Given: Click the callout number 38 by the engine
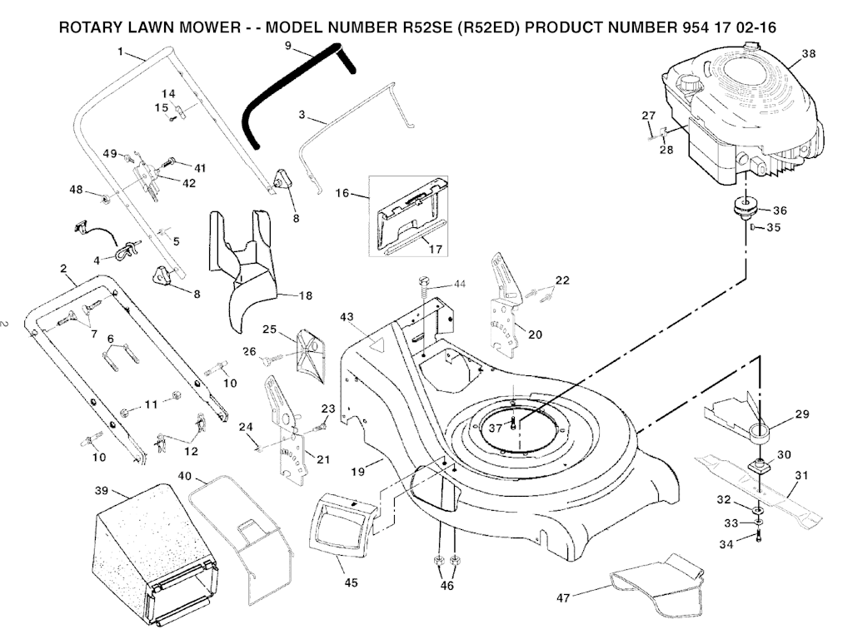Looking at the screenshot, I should pos(807,53).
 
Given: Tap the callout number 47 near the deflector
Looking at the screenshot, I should pos(565,597).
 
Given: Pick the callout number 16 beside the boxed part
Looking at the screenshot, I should pos(342,192).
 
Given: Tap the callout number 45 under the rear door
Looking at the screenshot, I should pos(351,582).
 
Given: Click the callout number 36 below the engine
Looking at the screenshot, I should pos(780,210).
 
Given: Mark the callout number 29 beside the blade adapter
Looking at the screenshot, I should pos(801,414).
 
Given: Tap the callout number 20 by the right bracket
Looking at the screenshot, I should pos(535,334).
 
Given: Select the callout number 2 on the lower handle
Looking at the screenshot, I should pos(63,268).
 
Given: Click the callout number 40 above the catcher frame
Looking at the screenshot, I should pos(184,476).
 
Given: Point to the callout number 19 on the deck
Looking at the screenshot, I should pos(358,472).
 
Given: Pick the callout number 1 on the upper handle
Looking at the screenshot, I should pos(121,52).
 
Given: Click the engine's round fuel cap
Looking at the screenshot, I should pos(690,85).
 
